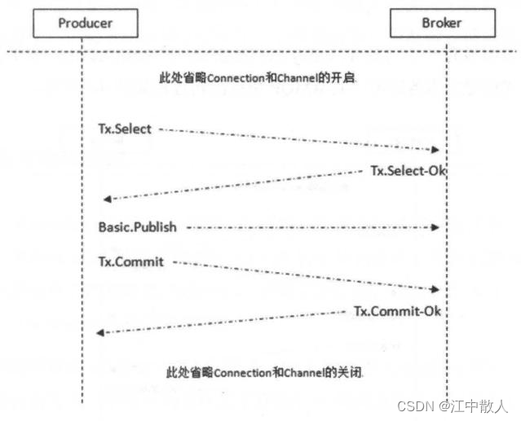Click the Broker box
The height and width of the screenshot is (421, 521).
click(441, 23)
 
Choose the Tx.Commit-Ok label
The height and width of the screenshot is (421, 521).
click(397, 311)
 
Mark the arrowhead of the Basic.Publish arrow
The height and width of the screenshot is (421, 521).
click(436, 228)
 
